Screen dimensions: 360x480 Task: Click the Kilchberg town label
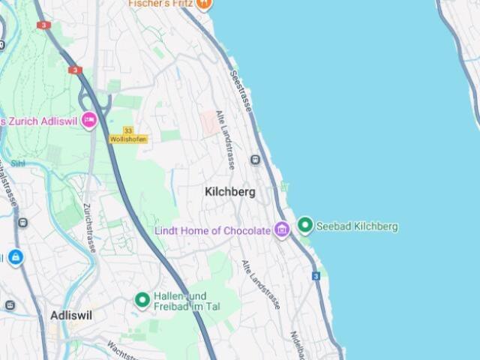tap(229, 192)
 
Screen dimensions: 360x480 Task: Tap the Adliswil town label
tap(71, 316)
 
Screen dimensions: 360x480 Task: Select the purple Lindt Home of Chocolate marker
tap(282, 229)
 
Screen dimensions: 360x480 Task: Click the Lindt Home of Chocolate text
tap(212, 231)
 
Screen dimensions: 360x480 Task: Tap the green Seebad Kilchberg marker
tap(305, 225)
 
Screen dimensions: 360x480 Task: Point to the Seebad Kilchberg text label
tap(357, 226)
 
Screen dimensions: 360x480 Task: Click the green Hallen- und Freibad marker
tap(142, 300)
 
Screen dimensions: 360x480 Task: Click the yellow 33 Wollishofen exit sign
tap(128, 135)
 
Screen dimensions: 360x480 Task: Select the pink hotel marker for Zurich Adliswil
tap(89, 120)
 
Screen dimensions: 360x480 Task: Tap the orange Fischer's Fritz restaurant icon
tap(204, 4)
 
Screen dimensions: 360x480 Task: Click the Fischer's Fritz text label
tap(160, 4)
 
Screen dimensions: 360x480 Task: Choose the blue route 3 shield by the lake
tap(316, 276)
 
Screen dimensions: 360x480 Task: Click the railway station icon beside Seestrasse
tap(255, 160)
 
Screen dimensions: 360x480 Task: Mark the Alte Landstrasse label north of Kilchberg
tap(226, 139)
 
